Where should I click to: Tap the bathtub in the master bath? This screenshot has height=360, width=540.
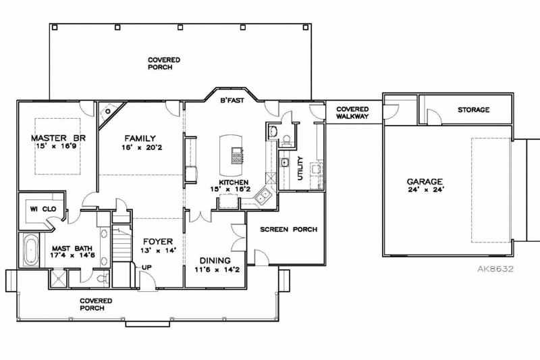click(x=30, y=251)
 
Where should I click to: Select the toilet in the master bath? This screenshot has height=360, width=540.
click(x=100, y=277)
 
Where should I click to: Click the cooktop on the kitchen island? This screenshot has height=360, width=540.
click(x=238, y=157)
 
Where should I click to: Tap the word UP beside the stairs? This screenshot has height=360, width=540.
click(x=145, y=267)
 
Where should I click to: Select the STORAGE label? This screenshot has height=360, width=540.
click(x=473, y=109)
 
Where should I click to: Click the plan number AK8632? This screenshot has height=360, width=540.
click(x=495, y=268)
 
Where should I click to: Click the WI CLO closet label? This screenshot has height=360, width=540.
click(x=41, y=209)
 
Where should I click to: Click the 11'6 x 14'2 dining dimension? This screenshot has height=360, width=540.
click(x=215, y=271)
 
